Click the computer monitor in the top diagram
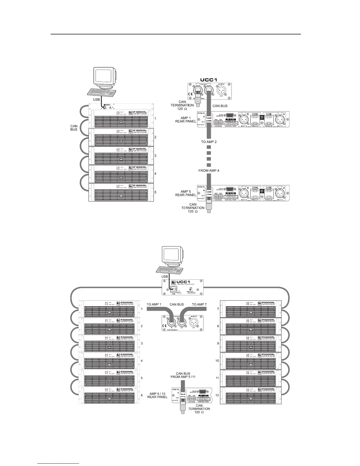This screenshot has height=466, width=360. pyautogui.click(x=104, y=77)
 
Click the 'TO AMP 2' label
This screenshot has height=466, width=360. pyautogui.click(x=209, y=142)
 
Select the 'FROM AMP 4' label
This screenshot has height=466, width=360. pyautogui.click(x=209, y=170)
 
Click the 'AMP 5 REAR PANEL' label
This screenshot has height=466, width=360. pyautogui.click(x=186, y=193)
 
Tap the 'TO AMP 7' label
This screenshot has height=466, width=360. pyautogui.click(x=199, y=304)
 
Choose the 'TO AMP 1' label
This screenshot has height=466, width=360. pyautogui.click(x=154, y=304)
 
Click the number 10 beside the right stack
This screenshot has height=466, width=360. pyautogui.click(x=217, y=360)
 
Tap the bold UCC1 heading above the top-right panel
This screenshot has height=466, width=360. pyautogui.click(x=209, y=80)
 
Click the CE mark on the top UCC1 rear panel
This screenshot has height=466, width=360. pyautogui.click(x=190, y=95)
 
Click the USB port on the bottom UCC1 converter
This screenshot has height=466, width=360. pyautogui.click(x=173, y=289)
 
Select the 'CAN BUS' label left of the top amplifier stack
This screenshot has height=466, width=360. pyautogui.click(x=74, y=128)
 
